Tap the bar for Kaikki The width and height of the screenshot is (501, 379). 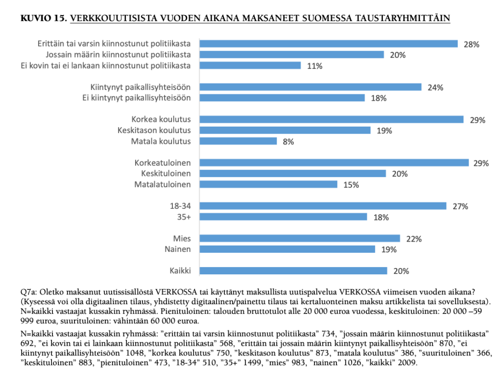tap(292, 270)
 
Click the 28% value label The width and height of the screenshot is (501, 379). tap(471, 45)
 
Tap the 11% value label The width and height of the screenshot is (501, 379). tap(314, 66)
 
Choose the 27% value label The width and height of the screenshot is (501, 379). tap(460, 206)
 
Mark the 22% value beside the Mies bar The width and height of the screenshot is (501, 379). tap(414, 239)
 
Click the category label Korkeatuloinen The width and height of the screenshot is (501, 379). tap(163, 162)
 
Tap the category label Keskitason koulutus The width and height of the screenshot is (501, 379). tap(154, 130)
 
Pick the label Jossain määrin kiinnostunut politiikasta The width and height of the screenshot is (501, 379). tap(118, 54)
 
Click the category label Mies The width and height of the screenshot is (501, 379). tap(182, 238)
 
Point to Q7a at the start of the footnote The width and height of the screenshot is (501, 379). tap(28, 292)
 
